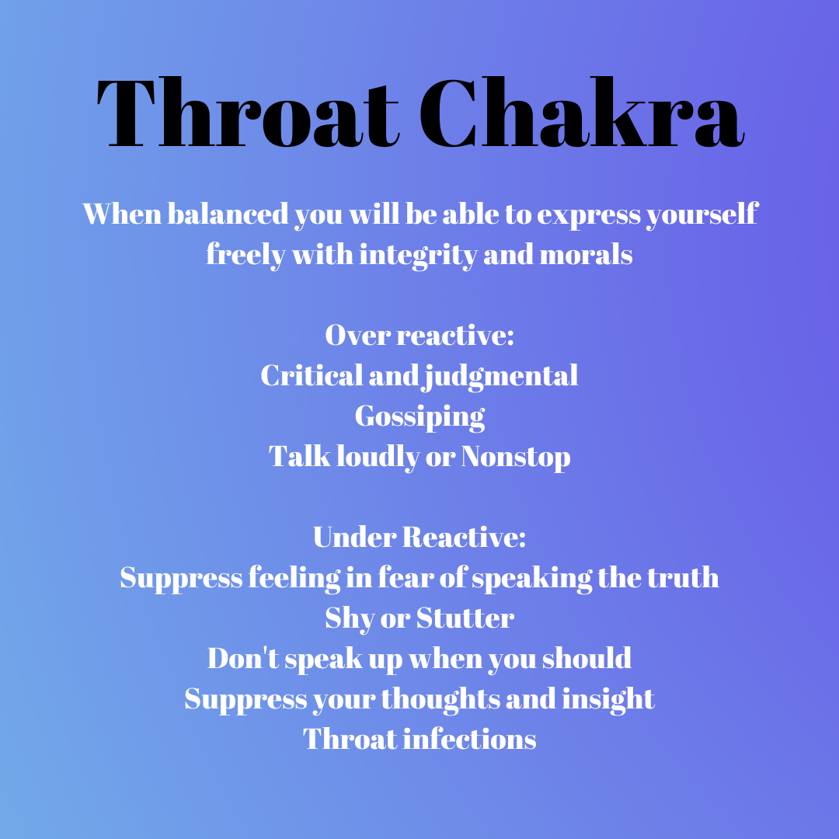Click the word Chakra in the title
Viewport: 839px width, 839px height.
pos(581,113)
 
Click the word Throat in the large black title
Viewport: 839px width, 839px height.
pos(248,113)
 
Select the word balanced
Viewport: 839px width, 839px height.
pos(228,214)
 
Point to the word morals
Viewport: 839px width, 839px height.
pos(586,255)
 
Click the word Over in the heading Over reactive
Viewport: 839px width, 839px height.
pos(357,336)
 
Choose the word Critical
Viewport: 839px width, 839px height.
pos(312,375)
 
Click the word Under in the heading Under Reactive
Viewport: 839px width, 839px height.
pos(354,538)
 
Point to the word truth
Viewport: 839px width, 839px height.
pos(683,577)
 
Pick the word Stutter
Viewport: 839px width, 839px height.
pos(465,618)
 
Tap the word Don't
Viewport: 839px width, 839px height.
pos(243,658)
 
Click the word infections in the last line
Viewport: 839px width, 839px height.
pos(469,739)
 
